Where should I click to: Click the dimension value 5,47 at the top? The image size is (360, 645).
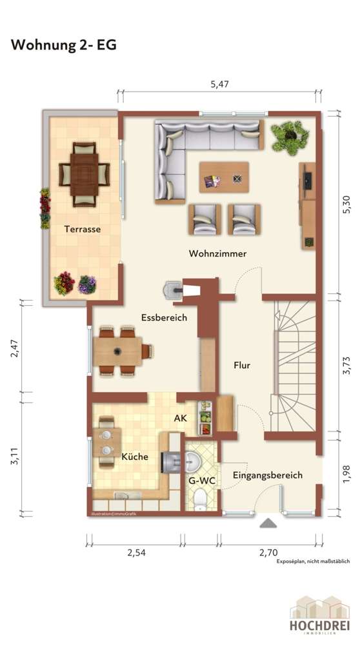coord(220,83)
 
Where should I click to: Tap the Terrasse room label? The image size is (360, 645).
coord(82,228)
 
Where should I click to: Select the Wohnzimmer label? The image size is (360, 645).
coord(217,253)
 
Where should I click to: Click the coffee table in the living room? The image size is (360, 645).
coord(224,176)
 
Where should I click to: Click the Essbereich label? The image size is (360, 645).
coord(164,317)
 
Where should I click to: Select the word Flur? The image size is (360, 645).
coord(241,365)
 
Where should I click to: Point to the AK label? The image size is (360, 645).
coord(181,417)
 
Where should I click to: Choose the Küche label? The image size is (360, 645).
coord(135,456)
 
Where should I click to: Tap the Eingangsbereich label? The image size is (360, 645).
coord(268,475)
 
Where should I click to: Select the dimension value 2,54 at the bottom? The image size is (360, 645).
coord(136,553)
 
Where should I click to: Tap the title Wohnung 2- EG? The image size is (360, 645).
coord(63,45)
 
